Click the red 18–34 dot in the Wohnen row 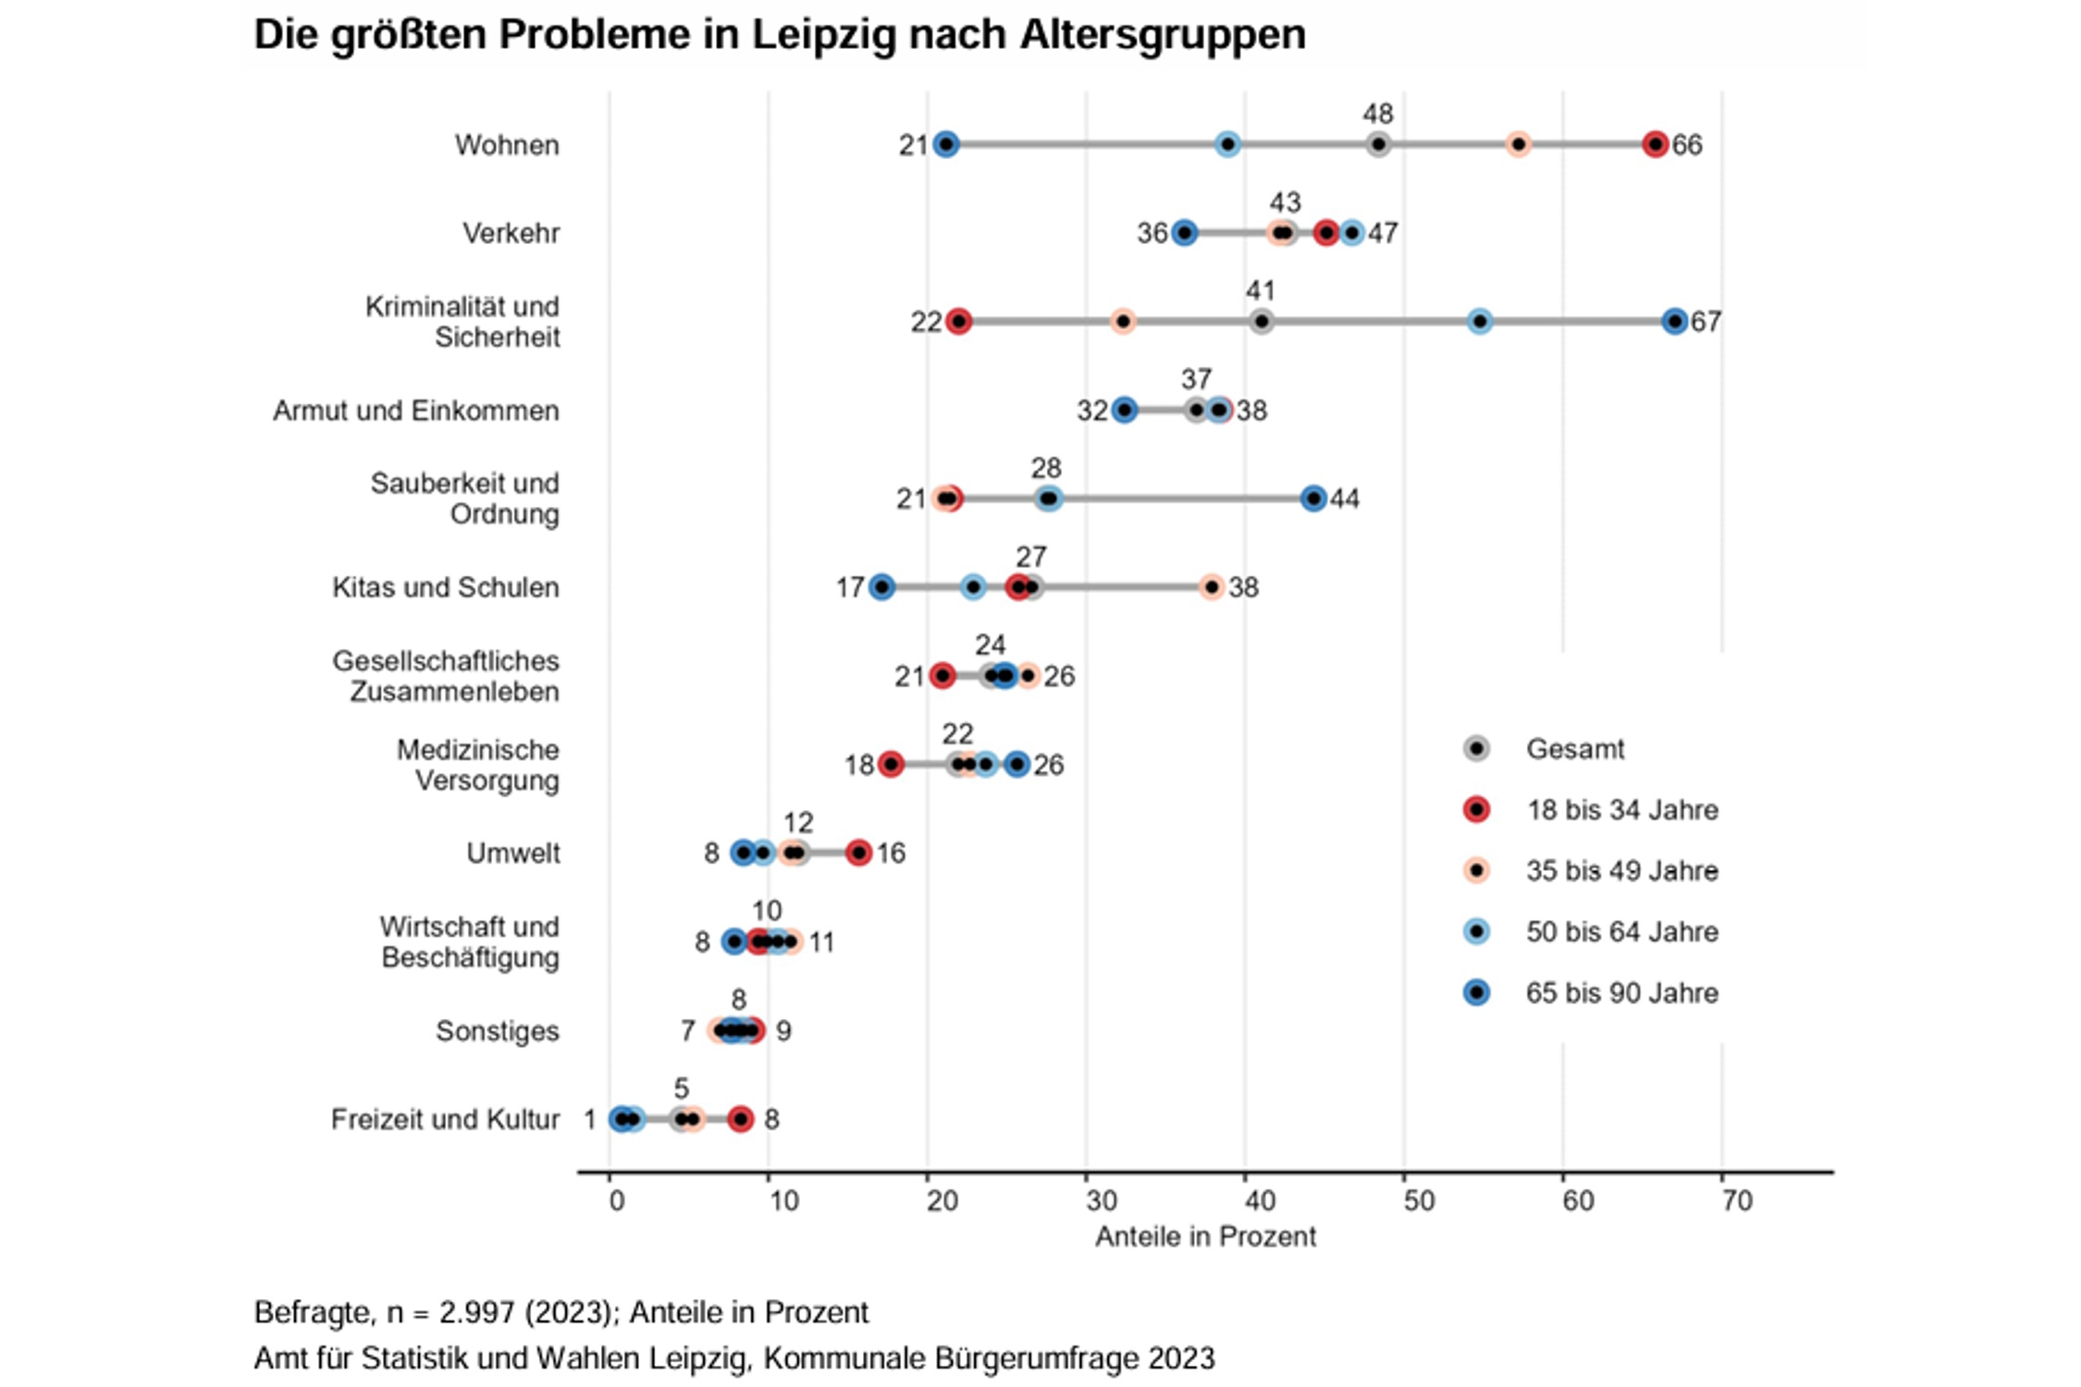[1655, 144]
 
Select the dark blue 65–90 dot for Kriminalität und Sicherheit [1674, 322]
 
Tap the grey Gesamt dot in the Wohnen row [1378, 144]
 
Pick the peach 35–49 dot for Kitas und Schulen [1212, 587]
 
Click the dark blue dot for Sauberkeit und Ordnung [1313, 499]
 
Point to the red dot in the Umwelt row [858, 853]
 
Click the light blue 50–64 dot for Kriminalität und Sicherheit [1480, 322]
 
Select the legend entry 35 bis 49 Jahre [1621, 871]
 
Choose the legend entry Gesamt [1574, 749]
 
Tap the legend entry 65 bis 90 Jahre [1621, 993]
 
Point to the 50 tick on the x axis [1419, 1200]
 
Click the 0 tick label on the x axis [617, 1200]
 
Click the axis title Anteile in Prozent [1205, 1237]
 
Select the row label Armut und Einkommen [415, 411]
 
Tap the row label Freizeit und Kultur [445, 1120]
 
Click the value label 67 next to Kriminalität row [1705, 322]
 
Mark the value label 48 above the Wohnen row [1377, 114]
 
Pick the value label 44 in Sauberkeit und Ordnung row [1345, 499]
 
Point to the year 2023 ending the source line [1181, 1358]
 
